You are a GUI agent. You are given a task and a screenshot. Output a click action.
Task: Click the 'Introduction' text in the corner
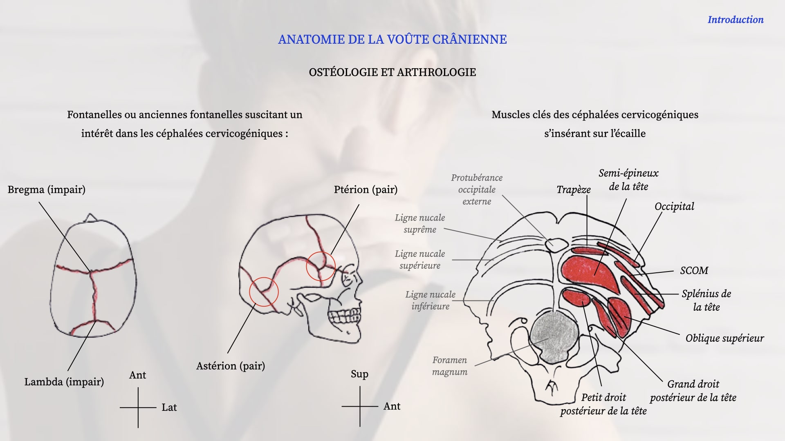(736, 20)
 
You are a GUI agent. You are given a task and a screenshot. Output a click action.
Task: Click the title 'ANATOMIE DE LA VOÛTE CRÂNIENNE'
(392, 39)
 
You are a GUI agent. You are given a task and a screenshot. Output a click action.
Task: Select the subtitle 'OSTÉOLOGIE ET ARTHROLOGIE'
(392, 72)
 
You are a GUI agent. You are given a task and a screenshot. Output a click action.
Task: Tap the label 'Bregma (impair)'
(47, 190)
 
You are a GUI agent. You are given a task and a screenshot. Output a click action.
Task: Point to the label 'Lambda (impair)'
(64, 382)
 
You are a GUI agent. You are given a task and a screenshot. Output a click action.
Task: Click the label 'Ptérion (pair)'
(366, 190)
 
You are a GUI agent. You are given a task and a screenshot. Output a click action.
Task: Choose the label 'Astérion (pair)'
(231, 366)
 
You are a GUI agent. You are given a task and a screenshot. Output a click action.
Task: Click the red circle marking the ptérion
(307, 266)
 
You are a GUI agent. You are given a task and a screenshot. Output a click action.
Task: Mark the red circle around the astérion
(250, 292)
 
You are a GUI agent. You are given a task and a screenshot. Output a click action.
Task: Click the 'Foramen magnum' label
(450, 366)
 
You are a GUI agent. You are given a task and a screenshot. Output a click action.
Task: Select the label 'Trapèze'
(574, 190)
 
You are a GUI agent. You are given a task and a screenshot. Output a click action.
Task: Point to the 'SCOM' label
(694, 270)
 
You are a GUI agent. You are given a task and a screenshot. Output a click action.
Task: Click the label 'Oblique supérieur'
(725, 338)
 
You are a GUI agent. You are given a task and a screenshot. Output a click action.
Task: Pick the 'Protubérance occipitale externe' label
(477, 189)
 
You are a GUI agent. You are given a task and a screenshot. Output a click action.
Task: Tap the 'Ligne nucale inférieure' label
(431, 300)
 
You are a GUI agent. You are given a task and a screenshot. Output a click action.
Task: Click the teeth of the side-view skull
(345, 315)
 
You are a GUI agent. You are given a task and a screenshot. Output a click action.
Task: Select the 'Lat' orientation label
(169, 408)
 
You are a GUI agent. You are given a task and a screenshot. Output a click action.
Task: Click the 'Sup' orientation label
(359, 374)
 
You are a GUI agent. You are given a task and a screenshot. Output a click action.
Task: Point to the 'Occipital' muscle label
(674, 207)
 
